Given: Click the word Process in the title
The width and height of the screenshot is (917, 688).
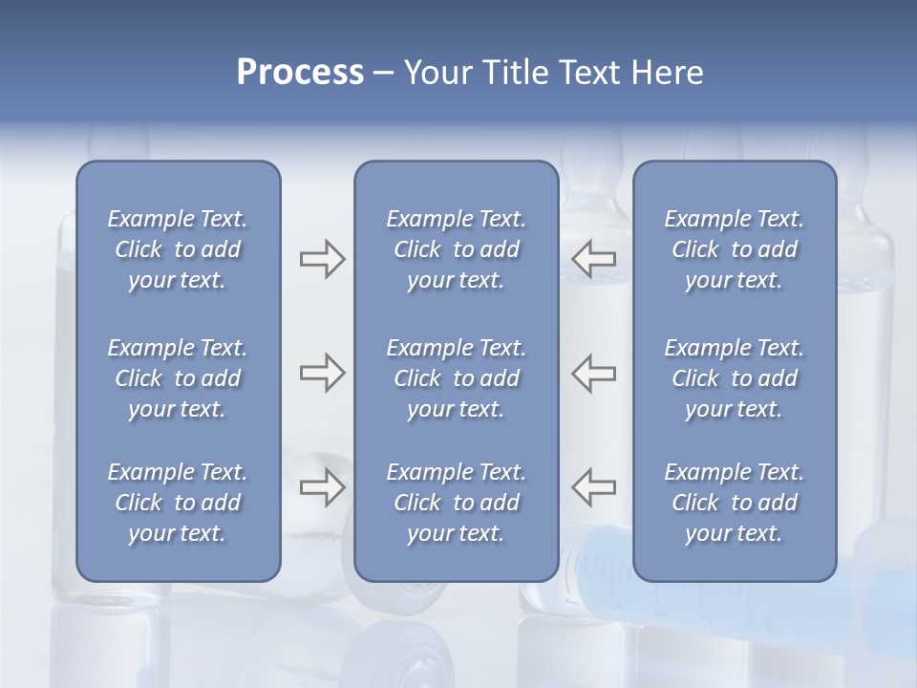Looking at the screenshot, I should pyautogui.click(x=300, y=73).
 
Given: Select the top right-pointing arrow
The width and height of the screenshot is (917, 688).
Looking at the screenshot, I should pyautogui.click(x=322, y=259).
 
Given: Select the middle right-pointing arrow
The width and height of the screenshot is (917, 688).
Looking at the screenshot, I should pyautogui.click(x=322, y=373).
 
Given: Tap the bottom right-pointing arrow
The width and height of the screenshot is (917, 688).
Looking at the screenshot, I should pyautogui.click(x=322, y=486).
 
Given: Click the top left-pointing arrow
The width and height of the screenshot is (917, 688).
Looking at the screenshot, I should pyautogui.click(x=594, y=258).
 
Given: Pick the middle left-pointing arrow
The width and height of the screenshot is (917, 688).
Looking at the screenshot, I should pyautogui.click(x=594, y=373).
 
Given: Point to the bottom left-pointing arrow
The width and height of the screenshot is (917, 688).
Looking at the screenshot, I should pyautogui.click(x=594, y=486).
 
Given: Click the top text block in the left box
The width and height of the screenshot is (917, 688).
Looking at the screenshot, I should pyautogui.click(x=178, y=249).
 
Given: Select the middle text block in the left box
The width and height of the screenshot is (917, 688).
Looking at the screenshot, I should pyautogui.click(x=178, y=378).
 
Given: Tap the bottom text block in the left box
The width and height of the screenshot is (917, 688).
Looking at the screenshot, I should pyautogui.click(x=178, y=503).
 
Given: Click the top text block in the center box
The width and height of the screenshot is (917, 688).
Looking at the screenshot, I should pyautogui.click(x=456, y=249).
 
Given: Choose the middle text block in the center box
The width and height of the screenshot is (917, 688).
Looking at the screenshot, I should pyautogui.click(x=456, y=378).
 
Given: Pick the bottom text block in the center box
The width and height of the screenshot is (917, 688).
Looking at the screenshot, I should pyautogui.click(x=456, y=503).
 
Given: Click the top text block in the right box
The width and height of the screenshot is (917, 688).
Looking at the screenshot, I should pyautogui.click(x=734, y=249).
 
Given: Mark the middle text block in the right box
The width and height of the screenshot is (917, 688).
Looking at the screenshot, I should pyautogui.click(x=734, y=378).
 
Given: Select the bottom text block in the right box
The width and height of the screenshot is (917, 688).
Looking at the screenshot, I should pyautogui.click(x=734, y=503).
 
